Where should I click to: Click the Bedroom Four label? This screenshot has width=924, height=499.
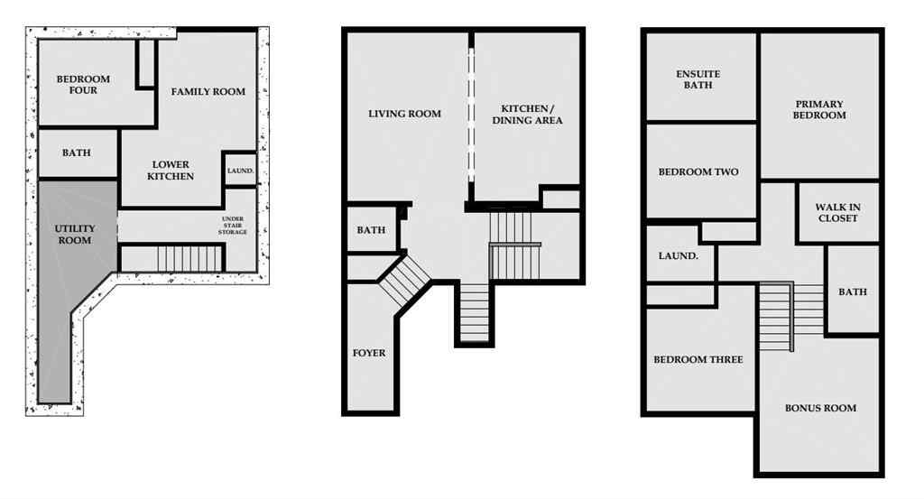pos(83,84)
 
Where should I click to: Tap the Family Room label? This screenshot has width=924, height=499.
pos(208,91)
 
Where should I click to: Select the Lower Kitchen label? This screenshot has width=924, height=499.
pos(171,171)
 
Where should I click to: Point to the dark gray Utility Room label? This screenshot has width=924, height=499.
pos(75,235)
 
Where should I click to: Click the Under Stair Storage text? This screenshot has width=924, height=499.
pos(233,226)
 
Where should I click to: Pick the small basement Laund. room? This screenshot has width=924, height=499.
pos(240,170)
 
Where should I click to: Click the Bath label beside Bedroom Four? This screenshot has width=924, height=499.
pos(77,153)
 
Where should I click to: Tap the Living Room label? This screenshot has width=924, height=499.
pos(404,114)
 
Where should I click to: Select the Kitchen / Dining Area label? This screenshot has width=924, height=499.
pos(526,115)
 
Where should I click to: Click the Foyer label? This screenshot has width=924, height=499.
pos(368,353)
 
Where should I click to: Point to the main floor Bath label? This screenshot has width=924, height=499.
pos(371,230)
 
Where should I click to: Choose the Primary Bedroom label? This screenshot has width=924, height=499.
pos(819,109)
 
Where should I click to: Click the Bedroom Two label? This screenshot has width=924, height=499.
pos(698,172)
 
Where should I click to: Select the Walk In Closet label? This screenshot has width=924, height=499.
pos(838,213)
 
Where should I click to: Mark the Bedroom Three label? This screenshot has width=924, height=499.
pos(698,360)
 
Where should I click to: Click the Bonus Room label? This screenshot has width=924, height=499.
pos(820,408)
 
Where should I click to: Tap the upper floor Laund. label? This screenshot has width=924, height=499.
pos(678,256)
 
